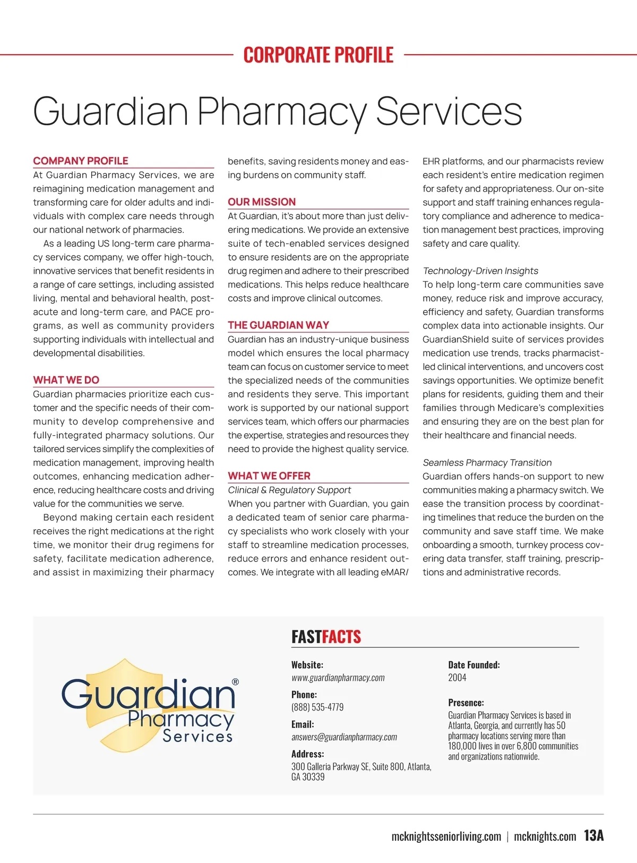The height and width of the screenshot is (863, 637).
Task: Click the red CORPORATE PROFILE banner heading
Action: pos(318,55)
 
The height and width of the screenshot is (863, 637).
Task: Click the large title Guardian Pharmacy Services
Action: pos(277,111)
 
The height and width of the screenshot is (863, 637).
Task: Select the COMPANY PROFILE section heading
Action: pos(81,161)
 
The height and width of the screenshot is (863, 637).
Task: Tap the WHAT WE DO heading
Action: pos(66,380)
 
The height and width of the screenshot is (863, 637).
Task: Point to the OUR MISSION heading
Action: pos(262,202)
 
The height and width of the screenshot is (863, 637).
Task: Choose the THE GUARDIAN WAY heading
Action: pos(279,325)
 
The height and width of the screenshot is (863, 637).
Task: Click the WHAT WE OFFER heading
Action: pos(269,476)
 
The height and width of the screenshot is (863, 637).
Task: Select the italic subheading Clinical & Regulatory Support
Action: pos(289,490)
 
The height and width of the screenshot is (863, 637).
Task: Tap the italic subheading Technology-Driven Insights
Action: pos(480,271)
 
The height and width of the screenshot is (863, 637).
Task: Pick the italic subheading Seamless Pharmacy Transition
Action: pos(487,463)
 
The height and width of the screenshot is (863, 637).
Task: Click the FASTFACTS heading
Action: pos(326,637)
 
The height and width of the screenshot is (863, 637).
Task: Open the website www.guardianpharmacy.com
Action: pos(338,678)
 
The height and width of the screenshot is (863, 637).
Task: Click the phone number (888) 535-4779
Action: pos(317,707)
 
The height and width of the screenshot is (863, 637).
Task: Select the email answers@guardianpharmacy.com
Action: pos(344,737)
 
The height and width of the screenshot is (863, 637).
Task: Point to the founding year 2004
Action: pos(457,678)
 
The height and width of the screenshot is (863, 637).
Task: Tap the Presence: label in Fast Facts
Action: pos(466,703)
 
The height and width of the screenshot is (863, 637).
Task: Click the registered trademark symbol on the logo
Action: pos(236,682)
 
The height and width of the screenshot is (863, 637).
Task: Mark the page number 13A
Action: pos(594,836)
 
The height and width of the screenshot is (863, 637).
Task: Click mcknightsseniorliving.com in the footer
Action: pos(446,837)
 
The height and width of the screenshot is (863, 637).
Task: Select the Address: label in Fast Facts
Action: pos(308,754)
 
